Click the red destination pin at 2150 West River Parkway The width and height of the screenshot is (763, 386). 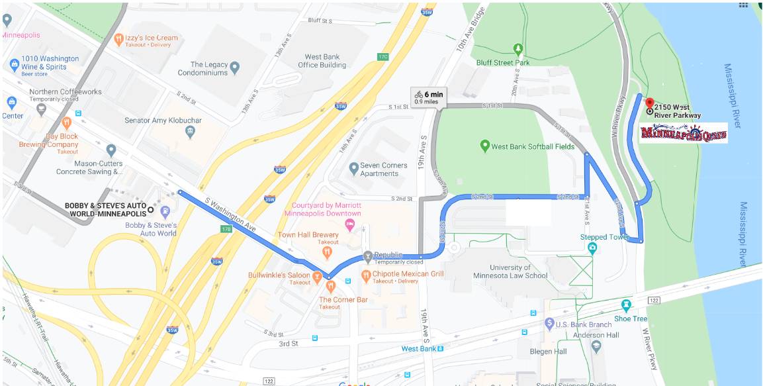coord(649,104)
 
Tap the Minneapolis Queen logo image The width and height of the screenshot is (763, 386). coord(684,132)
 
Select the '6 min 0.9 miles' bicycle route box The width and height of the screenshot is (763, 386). coord(429,97)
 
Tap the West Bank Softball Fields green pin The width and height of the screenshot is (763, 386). coord(485,146)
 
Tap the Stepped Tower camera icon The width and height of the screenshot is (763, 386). coord(592,248)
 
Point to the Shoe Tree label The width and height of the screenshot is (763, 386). coord(630,318)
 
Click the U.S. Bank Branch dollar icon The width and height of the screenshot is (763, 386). coord(549,324)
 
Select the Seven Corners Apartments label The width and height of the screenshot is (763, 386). coord(379,169)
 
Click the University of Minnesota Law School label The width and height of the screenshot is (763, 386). coord(510,271)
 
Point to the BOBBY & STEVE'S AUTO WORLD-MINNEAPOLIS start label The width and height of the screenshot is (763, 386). coord(105,210)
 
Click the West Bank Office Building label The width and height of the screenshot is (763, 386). coord(322,61)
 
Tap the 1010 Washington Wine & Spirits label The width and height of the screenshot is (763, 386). coord(50,63)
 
